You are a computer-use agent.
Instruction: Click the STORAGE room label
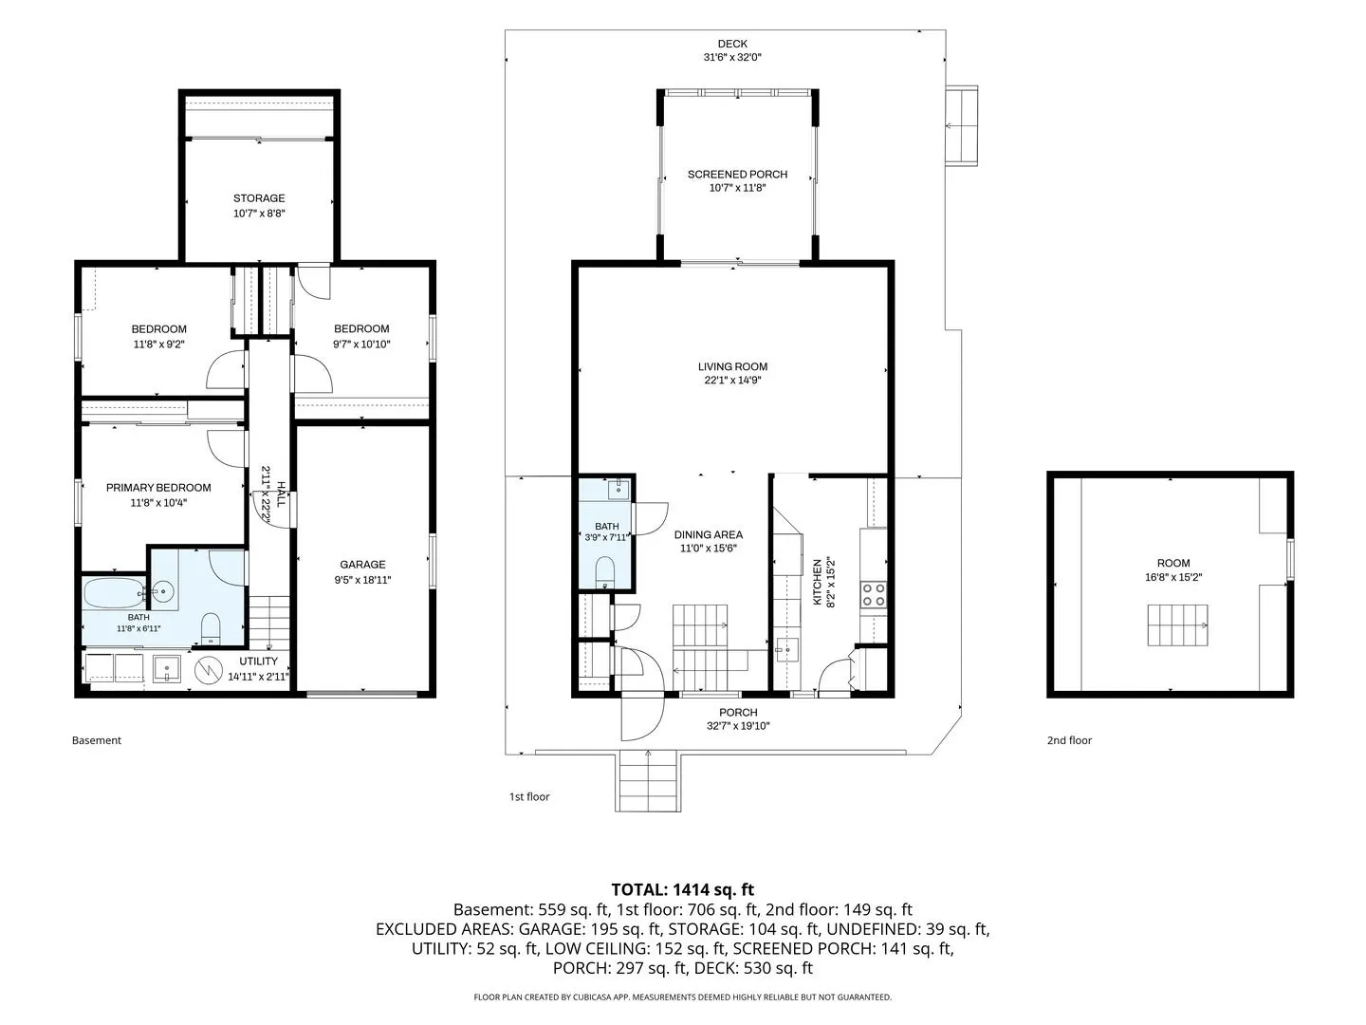click(259, 198)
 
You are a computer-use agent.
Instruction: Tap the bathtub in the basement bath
click(114, 594)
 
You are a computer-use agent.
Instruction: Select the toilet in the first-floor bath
click(605, 571)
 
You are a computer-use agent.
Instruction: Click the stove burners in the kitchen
click(873, 594)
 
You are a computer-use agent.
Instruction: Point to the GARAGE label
click(362, 565)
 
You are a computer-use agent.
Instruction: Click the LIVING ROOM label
click(732, 367)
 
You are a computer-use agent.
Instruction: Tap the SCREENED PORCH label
click(737, 175)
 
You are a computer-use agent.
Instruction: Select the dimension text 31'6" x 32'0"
click(732, 57)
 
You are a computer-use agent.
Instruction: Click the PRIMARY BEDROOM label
click(158, 488)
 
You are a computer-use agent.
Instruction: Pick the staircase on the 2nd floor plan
click(1177, 624)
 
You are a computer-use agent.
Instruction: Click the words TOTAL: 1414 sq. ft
click(683, 889)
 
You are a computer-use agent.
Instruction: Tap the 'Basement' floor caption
click(97, 740)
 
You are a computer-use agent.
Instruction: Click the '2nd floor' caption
click(1069, 740)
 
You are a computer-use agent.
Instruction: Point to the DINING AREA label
click(709, 534)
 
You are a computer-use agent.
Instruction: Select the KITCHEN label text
click(817, 582)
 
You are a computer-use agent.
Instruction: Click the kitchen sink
click(787, 650)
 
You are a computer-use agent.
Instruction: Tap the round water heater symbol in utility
click(209, 670)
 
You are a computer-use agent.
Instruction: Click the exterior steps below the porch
click(648, 781)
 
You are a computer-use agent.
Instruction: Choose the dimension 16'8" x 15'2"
click(1173, 578)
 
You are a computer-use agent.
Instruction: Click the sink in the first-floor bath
click(618, 490)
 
